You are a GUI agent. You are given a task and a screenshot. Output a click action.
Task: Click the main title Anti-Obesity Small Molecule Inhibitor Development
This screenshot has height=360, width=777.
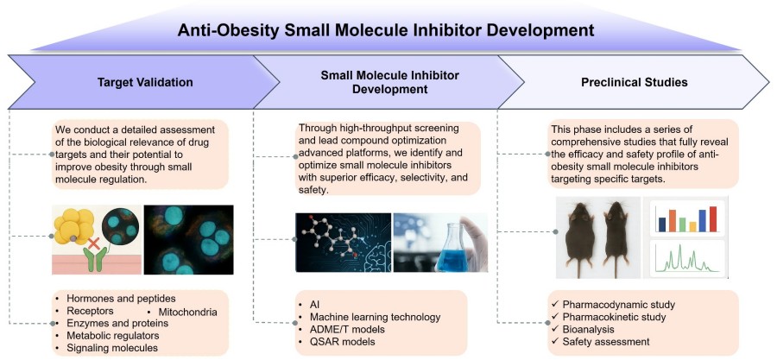click(386, 30)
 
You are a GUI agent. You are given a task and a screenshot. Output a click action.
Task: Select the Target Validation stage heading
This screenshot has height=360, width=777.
click(143, 83)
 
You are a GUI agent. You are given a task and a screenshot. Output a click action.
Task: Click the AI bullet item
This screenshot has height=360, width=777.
click(314, 305)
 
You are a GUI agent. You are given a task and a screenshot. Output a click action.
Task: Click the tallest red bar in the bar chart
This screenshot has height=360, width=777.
click(713, 218)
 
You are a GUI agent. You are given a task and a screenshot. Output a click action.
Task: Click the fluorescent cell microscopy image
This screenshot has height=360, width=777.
click(188, 239)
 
